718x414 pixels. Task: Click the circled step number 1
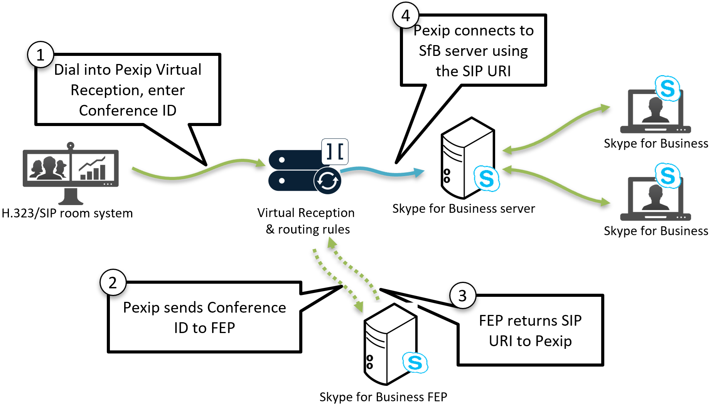[40, 55]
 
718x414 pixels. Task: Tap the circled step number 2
[113, 283]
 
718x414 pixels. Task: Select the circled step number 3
[463, 296]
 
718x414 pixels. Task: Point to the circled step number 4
[405, 16]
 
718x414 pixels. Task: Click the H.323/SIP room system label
[67, 213]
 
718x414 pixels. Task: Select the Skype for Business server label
[463, 209]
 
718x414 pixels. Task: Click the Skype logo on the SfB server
[487, 178]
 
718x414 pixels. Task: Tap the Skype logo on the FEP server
[415, 363]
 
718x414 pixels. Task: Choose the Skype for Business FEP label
[383, 397]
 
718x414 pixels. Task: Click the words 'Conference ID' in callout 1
[128, 111]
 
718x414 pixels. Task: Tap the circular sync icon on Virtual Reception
[327, 180]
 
